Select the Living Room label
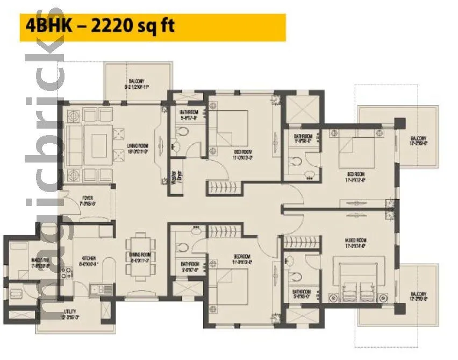click(138, 147)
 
